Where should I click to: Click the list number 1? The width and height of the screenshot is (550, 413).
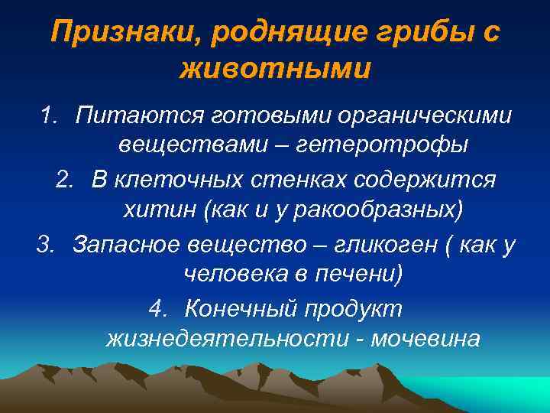(49, 117)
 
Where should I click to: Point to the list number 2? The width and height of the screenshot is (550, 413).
(66, 180)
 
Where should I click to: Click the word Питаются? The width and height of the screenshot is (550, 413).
(131, 117)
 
